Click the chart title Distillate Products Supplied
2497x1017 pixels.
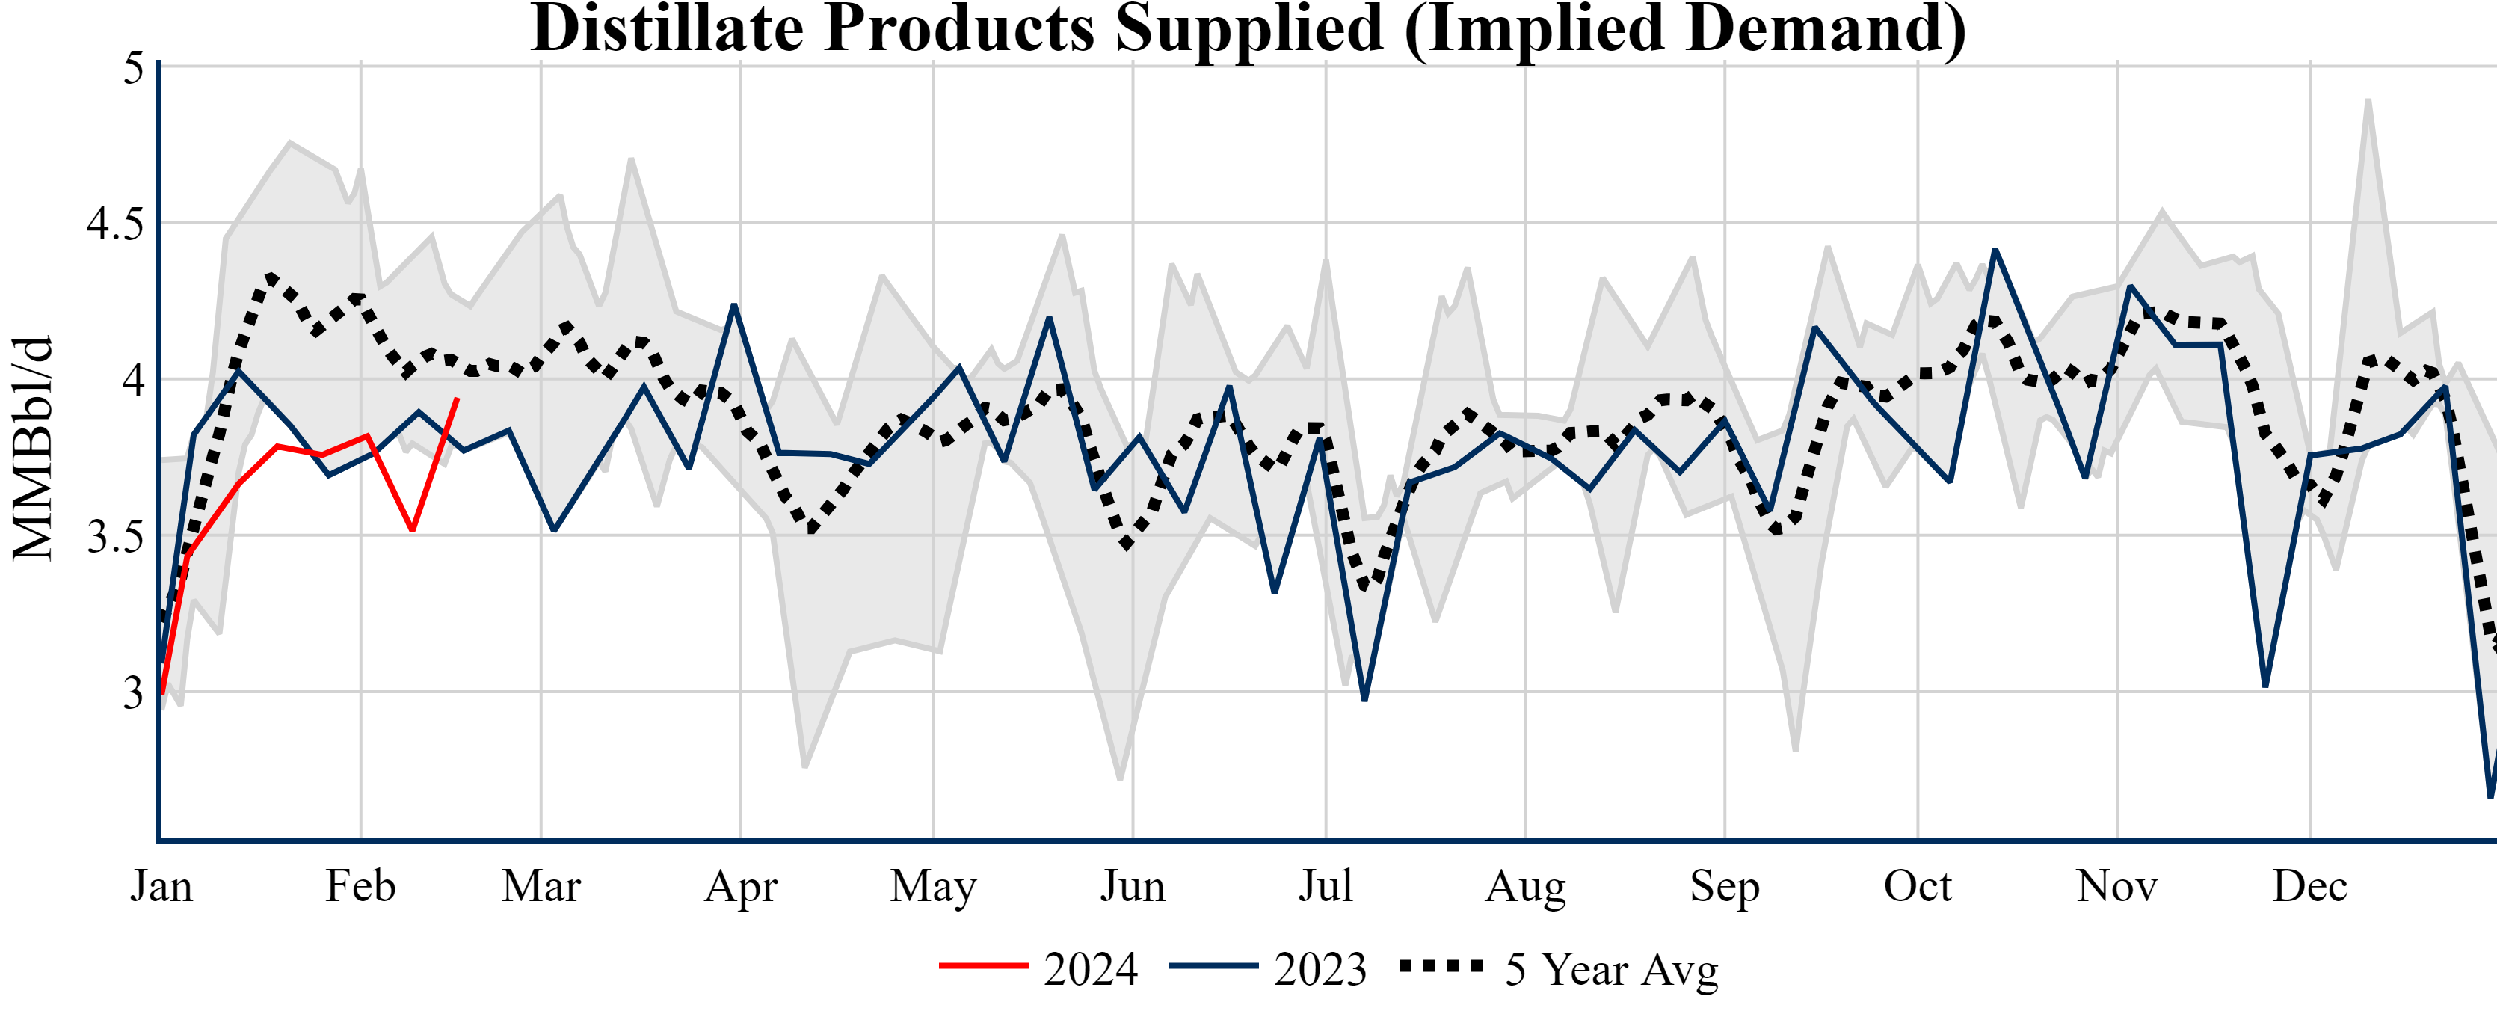(x=1248, y=29)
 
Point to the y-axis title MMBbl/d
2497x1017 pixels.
(x=33, y=448)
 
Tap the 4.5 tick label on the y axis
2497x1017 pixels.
(x=115, y=224)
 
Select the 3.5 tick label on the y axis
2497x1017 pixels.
(x=115, y=537)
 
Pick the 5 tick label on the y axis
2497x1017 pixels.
(x=133, y=68)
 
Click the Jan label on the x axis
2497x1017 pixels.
(x=161, y=886)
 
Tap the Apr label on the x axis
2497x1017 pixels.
(x=741, y=886)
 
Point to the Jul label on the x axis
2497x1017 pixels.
(x=1325, y=886)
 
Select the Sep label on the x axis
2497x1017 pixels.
(x=1725, y=886)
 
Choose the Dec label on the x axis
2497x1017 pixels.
(x=2310, y=886)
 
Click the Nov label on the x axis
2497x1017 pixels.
(x=2117, y=886)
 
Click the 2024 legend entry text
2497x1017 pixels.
(x=1091, y=968)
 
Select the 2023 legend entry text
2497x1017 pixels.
(x=1320, y=968)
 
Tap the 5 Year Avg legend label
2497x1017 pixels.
(x=1611, y=968)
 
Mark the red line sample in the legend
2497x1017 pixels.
(x=983, y=965)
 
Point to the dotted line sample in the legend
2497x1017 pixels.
(x=1441, y=965)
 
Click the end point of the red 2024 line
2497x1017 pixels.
(x=458, y=399)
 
